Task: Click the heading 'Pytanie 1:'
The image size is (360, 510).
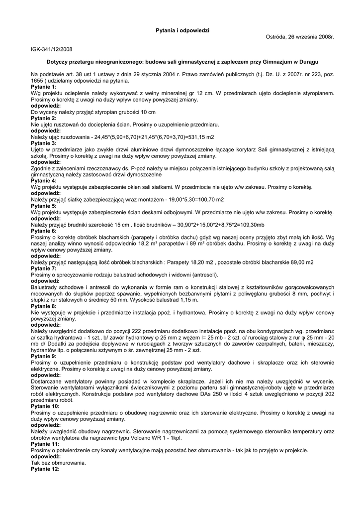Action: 44,87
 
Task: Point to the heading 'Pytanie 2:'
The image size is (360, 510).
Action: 44,119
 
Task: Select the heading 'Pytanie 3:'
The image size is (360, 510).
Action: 44,143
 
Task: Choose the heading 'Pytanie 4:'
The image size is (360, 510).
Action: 44,181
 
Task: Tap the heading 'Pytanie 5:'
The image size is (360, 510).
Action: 44,206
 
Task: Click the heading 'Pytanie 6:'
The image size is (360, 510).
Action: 44,231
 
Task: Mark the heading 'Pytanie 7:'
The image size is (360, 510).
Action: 44,268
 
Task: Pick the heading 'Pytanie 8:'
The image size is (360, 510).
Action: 44,306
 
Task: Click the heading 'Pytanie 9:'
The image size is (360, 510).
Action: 44,357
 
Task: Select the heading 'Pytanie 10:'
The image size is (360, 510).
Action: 45,406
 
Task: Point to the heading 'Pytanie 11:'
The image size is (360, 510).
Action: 45,444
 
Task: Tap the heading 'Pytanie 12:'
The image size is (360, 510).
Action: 45,469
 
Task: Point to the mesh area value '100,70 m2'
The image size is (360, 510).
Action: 211,200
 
